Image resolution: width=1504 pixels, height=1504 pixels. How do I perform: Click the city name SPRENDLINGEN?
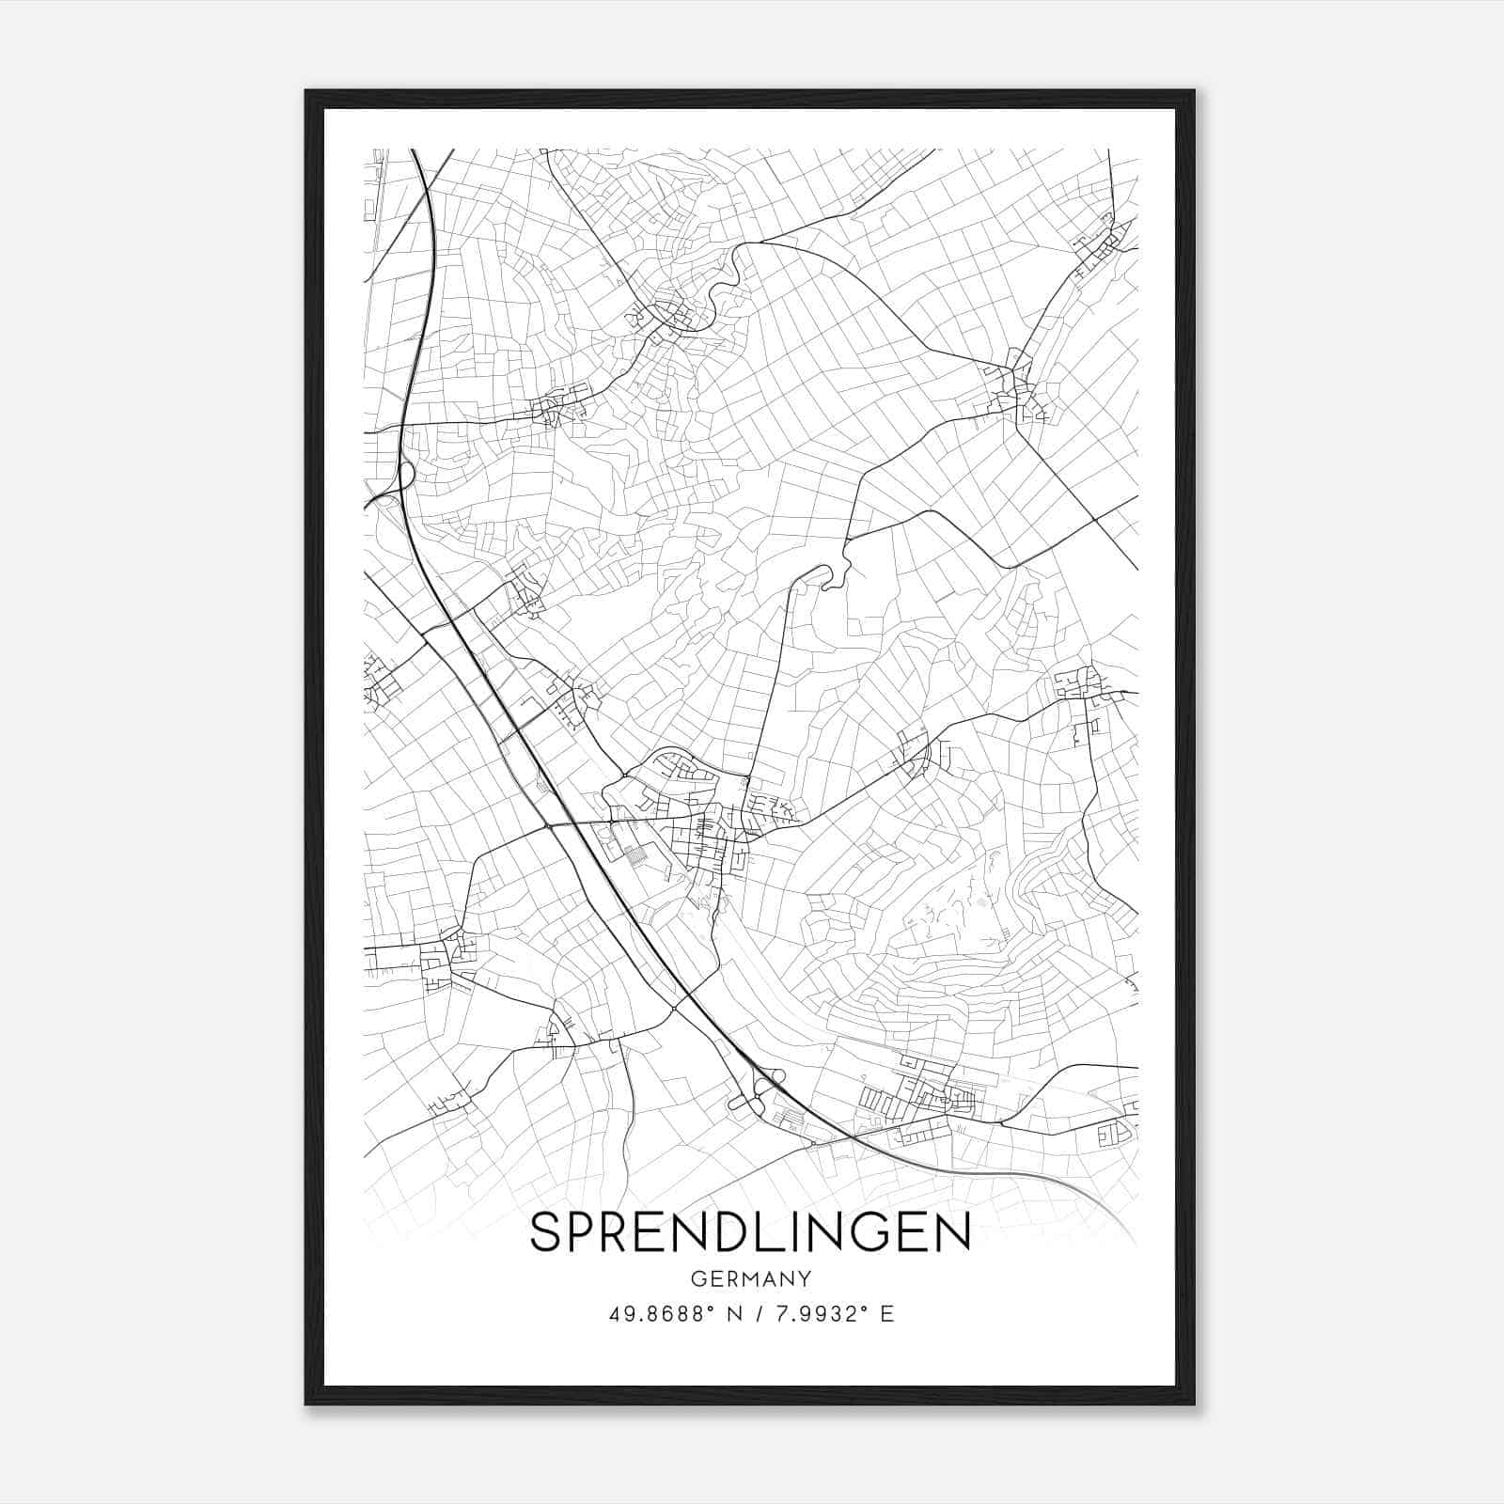pyautogui.click(x=750, y=1232)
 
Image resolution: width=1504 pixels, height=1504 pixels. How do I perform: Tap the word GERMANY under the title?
pyautogui.click(x=750, y=1278)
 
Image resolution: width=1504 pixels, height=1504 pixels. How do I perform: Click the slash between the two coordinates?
pyautogui.click(x=759, y=1314)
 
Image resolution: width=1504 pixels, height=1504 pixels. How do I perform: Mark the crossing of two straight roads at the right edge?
pyautogui.click(x=1094, y=518)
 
